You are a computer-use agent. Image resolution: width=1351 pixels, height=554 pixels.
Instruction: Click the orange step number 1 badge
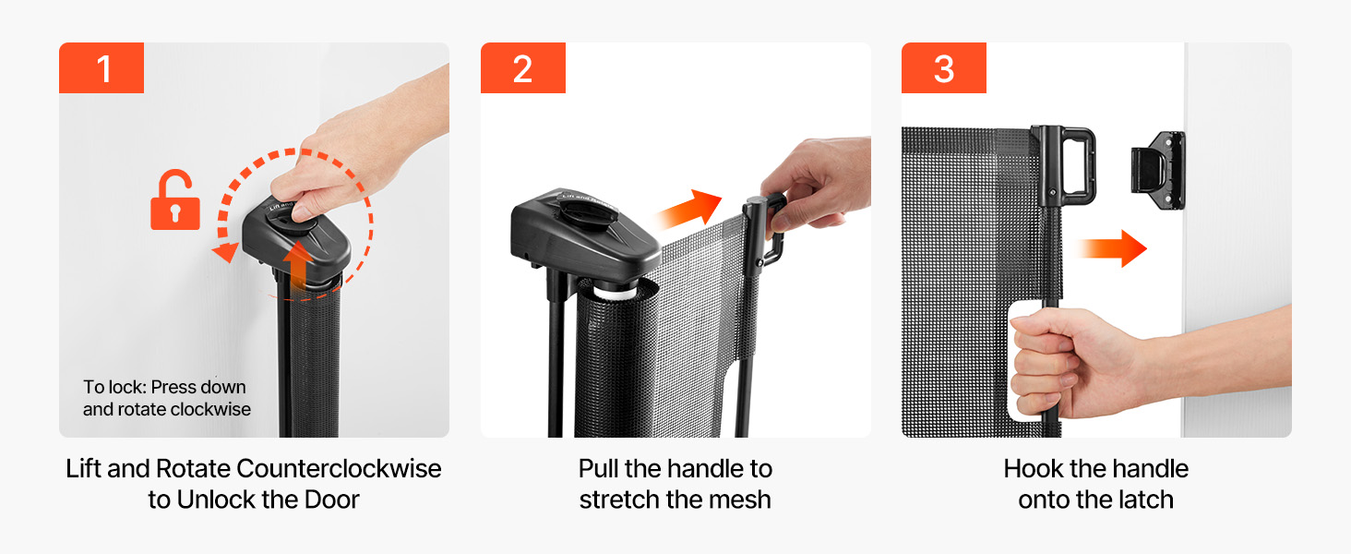[102, 67]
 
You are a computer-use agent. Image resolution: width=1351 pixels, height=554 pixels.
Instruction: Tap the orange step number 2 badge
[523, 67]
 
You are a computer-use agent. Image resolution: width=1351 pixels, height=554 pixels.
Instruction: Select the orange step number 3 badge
[944, 67]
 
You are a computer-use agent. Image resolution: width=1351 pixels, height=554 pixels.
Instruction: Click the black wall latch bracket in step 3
[1158, 170]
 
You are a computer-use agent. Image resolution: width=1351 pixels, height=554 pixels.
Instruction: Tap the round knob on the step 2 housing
[588, 211]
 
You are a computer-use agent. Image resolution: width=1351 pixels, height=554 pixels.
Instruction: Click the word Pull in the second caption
[598, 469]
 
